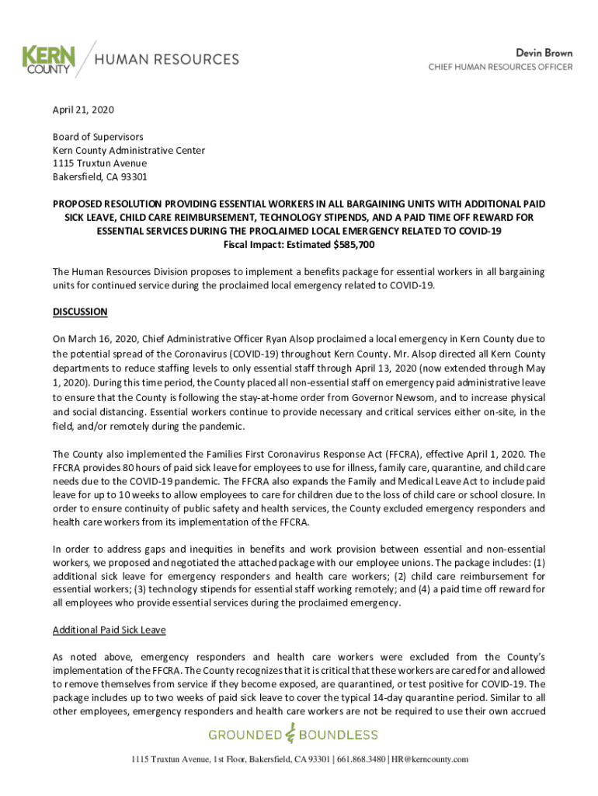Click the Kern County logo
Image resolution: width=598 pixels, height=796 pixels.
coord(49,59)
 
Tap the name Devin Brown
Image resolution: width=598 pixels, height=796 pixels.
coord(544,53)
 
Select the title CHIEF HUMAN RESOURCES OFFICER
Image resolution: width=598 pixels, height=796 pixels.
coord(501,67)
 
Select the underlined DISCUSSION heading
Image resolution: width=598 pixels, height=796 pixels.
coord(80,312)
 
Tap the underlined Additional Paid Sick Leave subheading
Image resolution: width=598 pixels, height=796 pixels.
coord(109,630)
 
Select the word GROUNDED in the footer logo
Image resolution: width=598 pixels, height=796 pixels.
coord(243,735)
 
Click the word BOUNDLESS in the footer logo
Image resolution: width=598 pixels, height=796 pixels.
coord(340,735)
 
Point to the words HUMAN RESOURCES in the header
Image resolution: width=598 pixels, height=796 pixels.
coord(167,59)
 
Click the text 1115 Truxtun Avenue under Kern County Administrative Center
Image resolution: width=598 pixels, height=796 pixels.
coord(99,163)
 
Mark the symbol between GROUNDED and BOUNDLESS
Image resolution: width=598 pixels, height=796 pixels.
coord(290,734)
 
